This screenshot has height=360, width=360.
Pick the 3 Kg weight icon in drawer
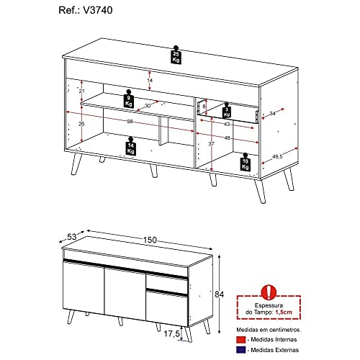coord(226,111)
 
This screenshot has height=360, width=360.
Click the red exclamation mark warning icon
coord(268,291)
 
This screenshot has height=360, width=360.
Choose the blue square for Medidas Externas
coord(240,351)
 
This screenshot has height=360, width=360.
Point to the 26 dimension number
coord(82,124)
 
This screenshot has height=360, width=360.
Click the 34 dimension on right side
coord(272,112)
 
